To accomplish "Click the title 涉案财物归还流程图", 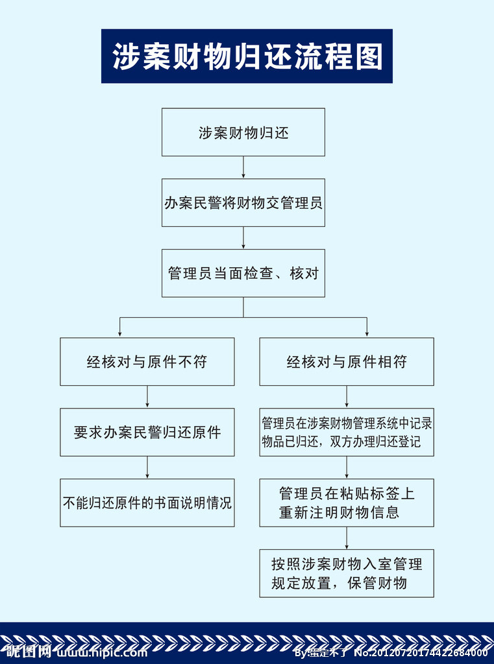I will pos(247,56).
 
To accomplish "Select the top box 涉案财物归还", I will pos(243,132).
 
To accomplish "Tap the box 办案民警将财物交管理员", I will pos(243,203).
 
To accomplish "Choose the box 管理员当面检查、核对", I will pos(243,273).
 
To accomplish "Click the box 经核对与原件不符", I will pos(147,362).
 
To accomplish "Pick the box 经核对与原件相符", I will pos(347,362).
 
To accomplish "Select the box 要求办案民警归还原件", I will pos(147,433).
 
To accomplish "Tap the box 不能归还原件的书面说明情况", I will pos(147,503).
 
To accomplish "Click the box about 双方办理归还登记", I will pos(347,433).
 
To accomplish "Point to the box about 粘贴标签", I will pos(347,503).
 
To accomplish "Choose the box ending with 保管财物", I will pos(347,573).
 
